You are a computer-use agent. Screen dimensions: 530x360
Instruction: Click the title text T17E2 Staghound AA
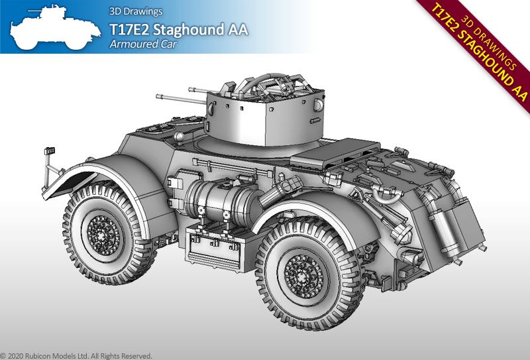point(178,29)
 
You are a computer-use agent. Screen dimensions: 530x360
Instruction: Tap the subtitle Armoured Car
point(143,44)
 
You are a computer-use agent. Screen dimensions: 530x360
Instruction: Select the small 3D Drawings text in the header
point(136,11)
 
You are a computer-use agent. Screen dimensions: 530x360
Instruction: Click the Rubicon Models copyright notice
point(76,356)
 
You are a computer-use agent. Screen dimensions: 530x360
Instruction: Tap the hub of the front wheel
point(103,234)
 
